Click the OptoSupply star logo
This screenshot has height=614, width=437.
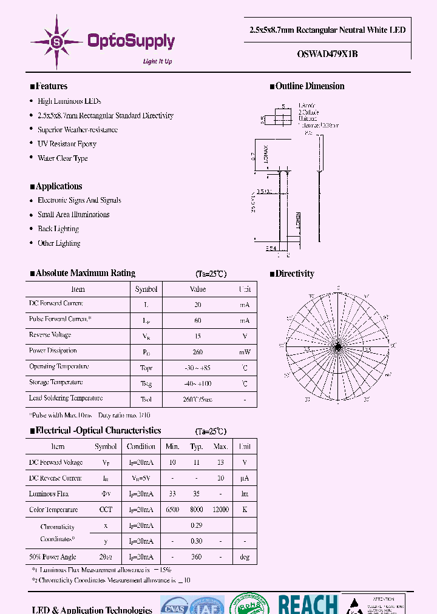click(x=57, y=41)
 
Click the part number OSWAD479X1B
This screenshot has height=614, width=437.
click(x=328, y=53)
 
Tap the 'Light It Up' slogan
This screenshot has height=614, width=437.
click(x=157, y=61)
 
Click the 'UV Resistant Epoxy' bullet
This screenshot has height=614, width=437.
click(x=67, y=144)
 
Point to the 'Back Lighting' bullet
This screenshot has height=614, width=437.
click(x=58, y=229)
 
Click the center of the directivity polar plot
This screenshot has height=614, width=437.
click(x=338, y=346)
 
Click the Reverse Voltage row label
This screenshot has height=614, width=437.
click(x=50, y=335)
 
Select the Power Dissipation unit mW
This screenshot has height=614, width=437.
click(x=244, y=352)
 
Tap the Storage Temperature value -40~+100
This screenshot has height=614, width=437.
click(x=198, y=383)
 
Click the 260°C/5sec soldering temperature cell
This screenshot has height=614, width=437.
click(x=198, y=400)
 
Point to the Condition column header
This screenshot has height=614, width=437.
click(x=141, y=447)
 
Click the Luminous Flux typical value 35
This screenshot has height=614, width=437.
click(x=197, y=494)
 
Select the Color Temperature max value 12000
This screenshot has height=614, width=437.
click(x=220, y=510)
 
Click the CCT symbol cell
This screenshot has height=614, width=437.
click(x=106, y=510)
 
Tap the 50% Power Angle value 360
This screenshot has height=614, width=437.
click(x=197, y=557)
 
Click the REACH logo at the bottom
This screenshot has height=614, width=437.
click(x=308, y=604)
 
